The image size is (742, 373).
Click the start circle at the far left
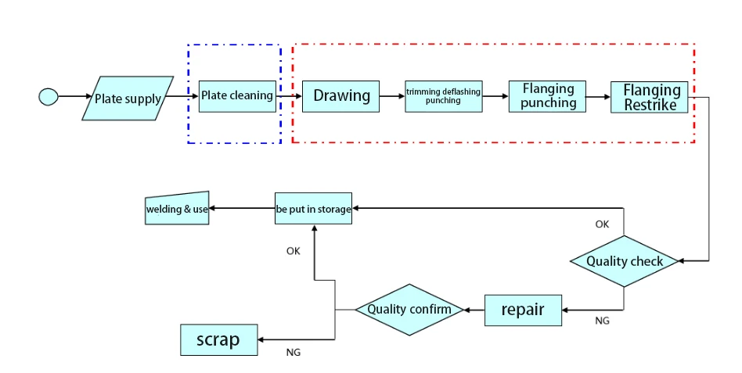(49, 97)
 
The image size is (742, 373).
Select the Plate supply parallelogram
(128, 99)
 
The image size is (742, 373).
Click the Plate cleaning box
(237, 96)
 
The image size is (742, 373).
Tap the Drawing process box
(341, 96)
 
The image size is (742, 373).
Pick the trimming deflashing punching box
(443, 96)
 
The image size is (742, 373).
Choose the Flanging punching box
(548, 96)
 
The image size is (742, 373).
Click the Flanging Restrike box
(650, 97)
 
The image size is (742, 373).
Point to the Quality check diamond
(624, 261)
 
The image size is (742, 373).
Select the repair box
(524, 310)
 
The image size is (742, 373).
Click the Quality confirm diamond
(409, 310)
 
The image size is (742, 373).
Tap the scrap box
(218, 339)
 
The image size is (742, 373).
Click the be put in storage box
(313, 209)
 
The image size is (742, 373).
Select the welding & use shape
(178, 209)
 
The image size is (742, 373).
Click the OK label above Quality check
(602, 224)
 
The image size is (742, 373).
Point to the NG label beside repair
(602, 321)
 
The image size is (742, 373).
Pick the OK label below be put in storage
(293, 251)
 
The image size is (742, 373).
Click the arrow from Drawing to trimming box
(392, 96)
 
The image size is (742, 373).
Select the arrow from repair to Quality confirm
(474, 310)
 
